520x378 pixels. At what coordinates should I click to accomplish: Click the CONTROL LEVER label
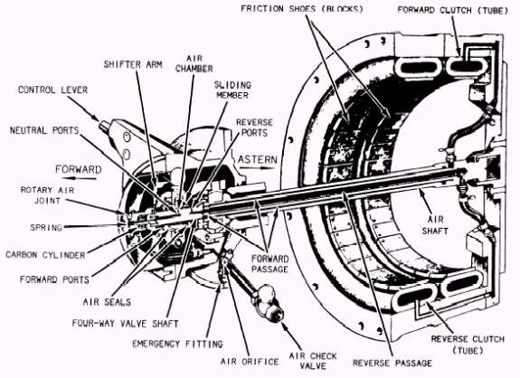52,90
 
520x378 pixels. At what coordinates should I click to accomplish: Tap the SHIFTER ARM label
133,64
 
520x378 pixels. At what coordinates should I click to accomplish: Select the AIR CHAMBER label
194,63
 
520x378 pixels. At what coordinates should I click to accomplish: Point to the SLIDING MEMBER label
232,90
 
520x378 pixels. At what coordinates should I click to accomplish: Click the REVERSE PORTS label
254,128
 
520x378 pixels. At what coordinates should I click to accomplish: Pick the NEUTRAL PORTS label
44,130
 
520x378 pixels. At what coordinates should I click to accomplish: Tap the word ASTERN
258,159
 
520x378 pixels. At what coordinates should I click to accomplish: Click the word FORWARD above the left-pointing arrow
79,169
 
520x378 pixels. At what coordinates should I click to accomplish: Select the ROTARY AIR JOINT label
47,195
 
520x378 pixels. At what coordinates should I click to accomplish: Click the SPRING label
46,228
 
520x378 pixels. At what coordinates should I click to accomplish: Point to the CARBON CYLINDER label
45,255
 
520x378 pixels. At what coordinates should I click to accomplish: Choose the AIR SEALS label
107,302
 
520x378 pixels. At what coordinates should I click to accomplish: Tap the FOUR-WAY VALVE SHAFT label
126,324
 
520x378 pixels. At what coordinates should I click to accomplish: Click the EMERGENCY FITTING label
177,344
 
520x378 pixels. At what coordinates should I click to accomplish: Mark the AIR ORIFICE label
250,362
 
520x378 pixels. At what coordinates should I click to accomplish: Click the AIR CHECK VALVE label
313,361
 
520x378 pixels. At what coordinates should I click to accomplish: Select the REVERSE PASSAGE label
392,364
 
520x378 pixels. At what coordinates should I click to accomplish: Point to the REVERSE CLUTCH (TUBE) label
468,345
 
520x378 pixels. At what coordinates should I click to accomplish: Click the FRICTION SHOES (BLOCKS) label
302,9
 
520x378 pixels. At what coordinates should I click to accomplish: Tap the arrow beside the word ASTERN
258,168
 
